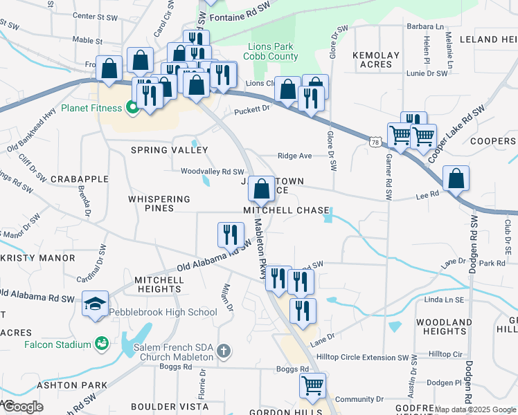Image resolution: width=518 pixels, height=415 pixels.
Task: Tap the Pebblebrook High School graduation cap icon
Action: coord(95,304)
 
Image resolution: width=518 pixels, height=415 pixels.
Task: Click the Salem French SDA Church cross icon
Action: coord(223,351)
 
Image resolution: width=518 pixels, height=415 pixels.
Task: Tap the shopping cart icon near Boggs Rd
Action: coord(313,385)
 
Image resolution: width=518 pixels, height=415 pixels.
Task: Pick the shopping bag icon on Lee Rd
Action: coord(456,179)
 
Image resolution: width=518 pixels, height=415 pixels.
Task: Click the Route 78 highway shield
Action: coord(374,142)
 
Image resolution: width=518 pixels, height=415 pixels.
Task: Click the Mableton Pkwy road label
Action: coord(260,250)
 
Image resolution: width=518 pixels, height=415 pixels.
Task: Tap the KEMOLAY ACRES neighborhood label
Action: coord(376,60)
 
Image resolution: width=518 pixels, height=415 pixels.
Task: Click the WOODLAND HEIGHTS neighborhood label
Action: coord(444,327)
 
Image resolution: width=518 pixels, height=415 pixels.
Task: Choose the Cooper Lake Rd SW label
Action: coord(456,135)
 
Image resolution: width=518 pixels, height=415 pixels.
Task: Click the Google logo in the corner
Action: coord(22,407)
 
